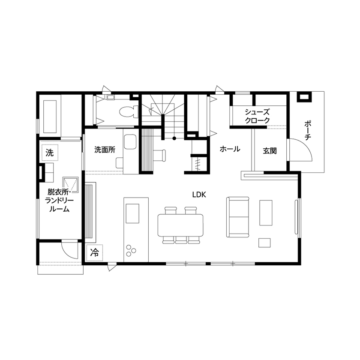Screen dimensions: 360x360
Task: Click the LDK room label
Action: point(199,195)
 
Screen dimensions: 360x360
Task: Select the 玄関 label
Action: point(270,151)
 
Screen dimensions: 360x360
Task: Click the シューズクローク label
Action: point(257,116)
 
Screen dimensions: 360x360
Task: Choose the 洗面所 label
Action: point(105,150)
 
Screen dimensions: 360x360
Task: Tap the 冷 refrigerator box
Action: point(95,252)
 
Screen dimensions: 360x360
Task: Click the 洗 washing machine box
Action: point(50,152)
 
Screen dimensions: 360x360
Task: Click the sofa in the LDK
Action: point(238,217)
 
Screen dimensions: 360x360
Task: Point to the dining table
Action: point(180,225)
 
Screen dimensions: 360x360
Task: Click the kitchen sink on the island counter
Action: point(132,213)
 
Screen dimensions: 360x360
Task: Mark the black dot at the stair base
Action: point(174,138)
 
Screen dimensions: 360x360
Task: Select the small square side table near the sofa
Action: point(264,243)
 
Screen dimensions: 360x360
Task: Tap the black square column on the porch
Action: point(304,97)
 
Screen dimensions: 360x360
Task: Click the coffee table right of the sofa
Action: point(266,213)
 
